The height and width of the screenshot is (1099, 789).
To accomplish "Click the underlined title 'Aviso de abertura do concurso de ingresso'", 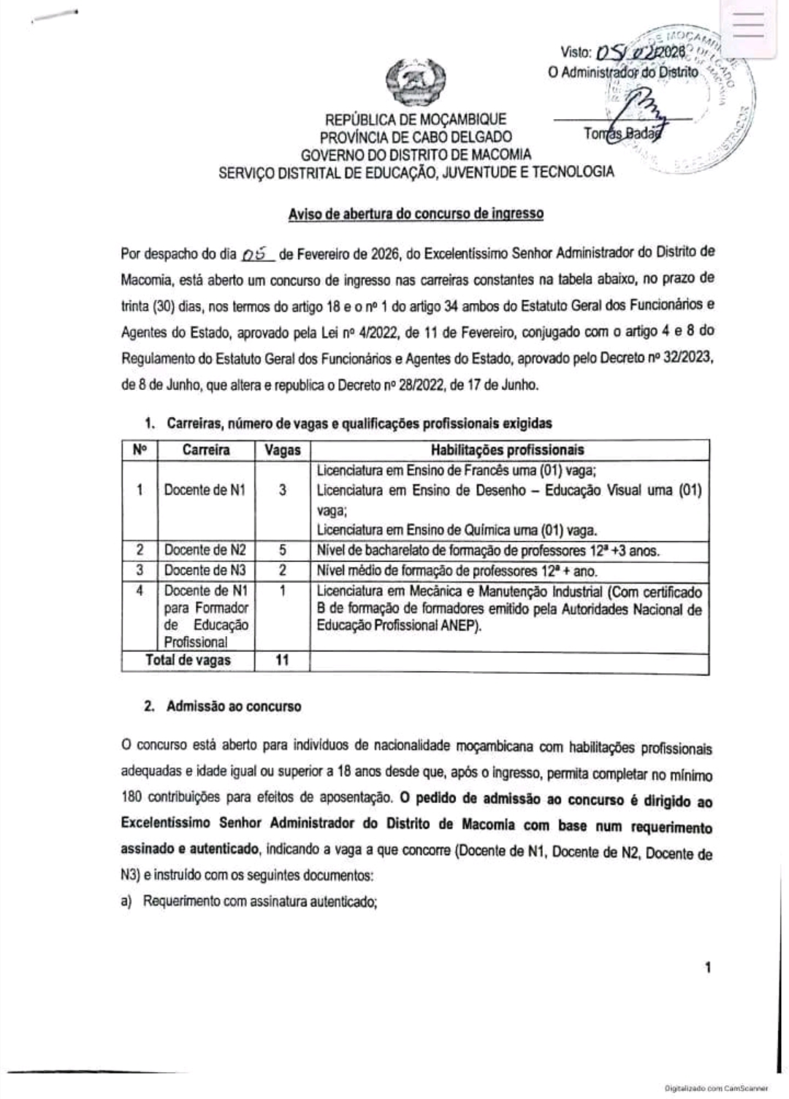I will (416, 214).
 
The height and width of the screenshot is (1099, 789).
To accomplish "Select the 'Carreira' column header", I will (206, 450).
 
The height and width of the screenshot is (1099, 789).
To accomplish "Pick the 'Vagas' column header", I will (282, 450).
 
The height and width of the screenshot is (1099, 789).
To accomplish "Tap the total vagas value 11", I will (282, 660).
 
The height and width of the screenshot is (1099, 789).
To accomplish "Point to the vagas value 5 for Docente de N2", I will (282, 551).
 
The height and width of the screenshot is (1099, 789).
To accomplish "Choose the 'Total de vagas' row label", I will (188, 660).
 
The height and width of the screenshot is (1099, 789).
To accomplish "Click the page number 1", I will (707, 968).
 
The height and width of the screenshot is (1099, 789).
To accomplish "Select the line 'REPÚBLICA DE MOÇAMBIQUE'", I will (416, 120).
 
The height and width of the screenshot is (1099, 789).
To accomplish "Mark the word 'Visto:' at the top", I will (576, 53).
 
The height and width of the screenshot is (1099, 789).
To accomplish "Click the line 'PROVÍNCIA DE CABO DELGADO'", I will (416, 137).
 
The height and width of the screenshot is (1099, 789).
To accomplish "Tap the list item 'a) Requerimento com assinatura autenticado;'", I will (249, 901).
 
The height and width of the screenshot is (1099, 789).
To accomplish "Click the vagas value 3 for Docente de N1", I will (282, 490).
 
